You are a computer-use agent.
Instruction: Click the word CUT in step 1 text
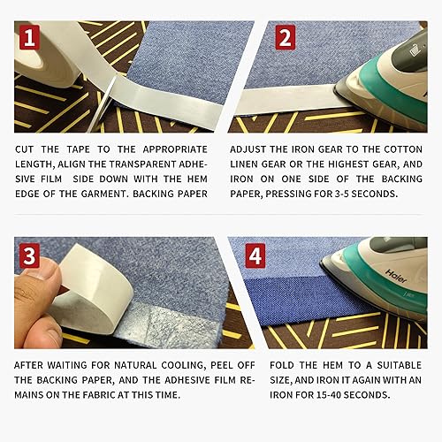click(x=27, y=150)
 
